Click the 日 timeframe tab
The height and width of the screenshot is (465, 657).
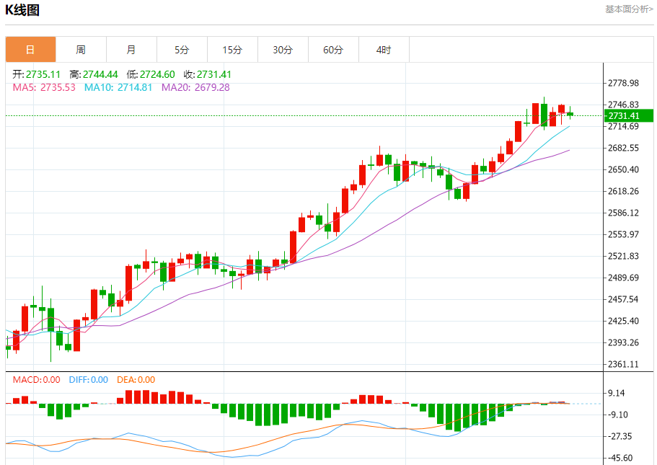30,50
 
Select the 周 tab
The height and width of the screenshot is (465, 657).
81,50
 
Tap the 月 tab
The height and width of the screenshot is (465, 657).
131,50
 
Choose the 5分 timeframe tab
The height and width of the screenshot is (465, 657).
182,50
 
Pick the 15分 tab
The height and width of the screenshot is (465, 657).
232,50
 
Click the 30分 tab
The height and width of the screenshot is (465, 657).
283,50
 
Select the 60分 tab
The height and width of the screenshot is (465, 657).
333,50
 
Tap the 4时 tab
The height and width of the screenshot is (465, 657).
384,50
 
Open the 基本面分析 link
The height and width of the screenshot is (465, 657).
629,9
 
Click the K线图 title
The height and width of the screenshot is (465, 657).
22,10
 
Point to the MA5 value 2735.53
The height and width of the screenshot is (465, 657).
58,87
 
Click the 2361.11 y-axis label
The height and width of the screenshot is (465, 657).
624,365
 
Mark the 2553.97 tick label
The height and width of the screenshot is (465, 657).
624,235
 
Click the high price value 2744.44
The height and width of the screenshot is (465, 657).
100,74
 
